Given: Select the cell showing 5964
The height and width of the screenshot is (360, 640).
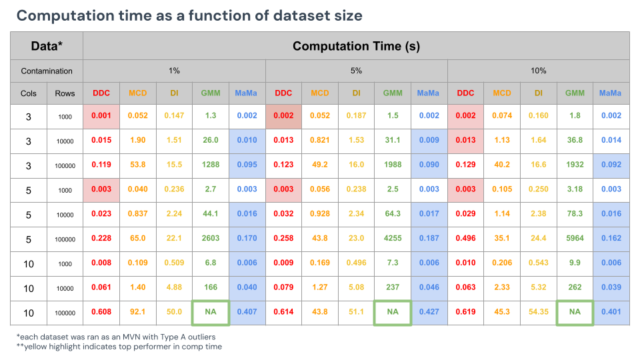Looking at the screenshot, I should tap(575, 239).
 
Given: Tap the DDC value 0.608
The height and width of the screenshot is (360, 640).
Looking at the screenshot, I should tap(101, 313).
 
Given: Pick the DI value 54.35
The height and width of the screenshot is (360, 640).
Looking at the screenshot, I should tap(538, 313).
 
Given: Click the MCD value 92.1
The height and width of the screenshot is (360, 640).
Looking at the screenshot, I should tap(137, 313).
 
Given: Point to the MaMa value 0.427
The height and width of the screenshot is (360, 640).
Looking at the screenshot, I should tap(429, 313).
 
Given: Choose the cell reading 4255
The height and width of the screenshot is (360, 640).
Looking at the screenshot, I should tap(393, 239).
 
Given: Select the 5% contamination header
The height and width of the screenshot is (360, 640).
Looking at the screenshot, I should tap(356, 71).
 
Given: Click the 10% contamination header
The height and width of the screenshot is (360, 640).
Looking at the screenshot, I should tap(538, 71).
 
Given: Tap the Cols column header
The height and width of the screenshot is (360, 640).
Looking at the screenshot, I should tap(29, 93).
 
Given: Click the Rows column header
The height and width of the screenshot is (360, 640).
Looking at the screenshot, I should tap(65, 93).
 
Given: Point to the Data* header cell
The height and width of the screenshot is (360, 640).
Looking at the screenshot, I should tap(47, 46).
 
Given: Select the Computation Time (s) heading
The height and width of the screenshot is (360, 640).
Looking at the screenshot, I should tap(356, 46).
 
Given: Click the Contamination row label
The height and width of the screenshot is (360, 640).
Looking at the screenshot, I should tap(47, 71).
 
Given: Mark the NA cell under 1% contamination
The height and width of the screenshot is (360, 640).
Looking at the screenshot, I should tap(210, 313).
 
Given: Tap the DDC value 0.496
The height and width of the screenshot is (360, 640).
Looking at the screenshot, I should tap(465, 239).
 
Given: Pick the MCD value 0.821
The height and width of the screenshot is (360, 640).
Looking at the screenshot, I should tap(319, 141).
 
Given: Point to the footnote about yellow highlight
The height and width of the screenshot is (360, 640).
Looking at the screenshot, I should tap(119, 347).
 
